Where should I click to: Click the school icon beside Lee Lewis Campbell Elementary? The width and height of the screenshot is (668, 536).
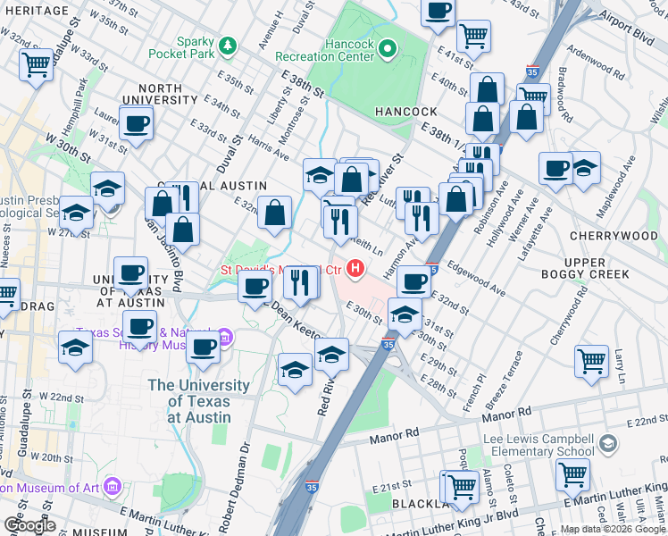[608, 444]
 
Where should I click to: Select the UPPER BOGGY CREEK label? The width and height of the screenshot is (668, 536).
[603, 266]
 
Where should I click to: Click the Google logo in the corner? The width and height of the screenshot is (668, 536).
[29, 525]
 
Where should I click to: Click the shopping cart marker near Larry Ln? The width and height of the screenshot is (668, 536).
[592, 361]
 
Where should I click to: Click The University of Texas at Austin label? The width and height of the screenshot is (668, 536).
[198, 401]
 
